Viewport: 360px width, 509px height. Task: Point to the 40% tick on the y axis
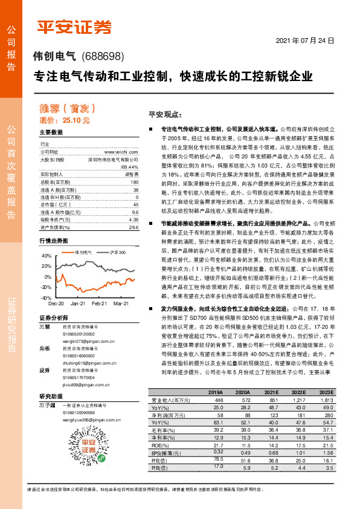tap(46, 256)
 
